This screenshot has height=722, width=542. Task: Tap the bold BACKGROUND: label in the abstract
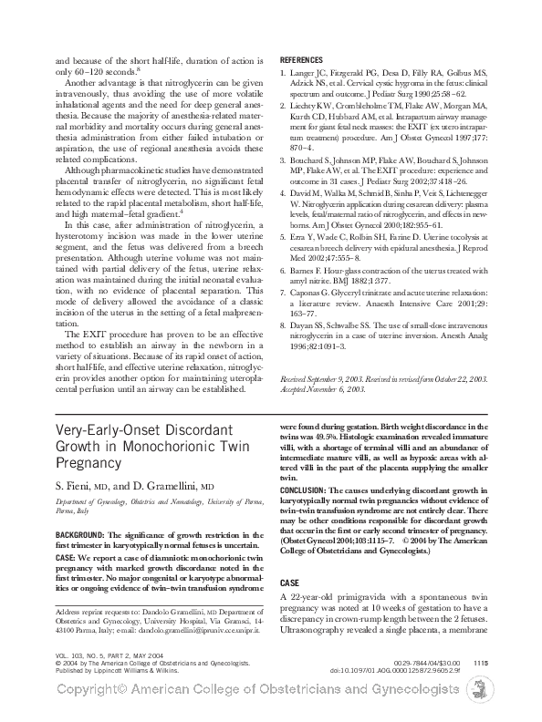click(80, 532)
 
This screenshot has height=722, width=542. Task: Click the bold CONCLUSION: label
click(311, 490)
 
